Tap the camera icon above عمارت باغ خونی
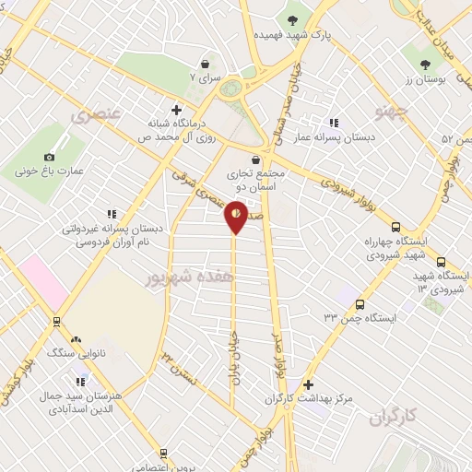pos(50,158)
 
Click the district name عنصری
pos(95,116)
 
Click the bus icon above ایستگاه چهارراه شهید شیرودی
pos(396,227)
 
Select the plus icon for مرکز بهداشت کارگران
pos(308,384)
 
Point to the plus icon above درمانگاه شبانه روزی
pos(189,110)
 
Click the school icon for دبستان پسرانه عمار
pos(333,123)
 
